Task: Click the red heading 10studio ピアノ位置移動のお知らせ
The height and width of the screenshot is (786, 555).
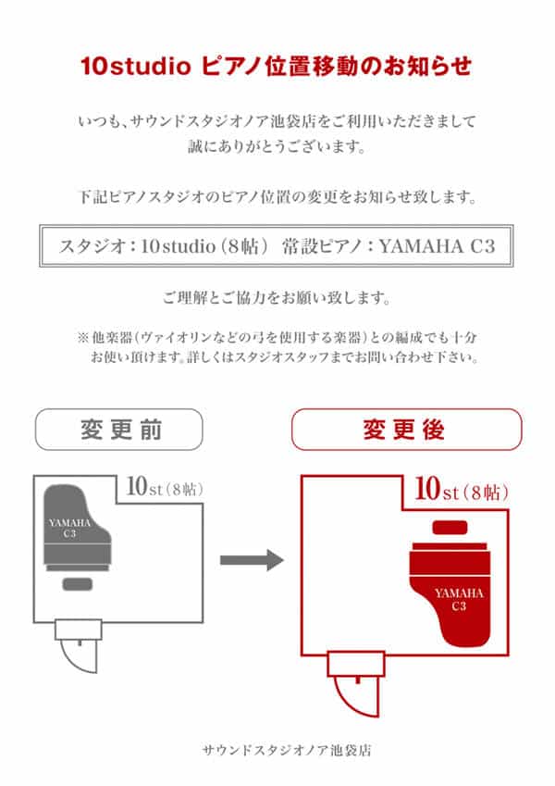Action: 276,66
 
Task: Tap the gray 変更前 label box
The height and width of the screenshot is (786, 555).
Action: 119,429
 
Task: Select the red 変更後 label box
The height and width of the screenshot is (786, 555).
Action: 407,429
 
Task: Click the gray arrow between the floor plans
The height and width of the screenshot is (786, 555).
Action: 252,560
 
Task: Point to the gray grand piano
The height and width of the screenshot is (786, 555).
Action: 77,528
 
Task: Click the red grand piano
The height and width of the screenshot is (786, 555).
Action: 450,594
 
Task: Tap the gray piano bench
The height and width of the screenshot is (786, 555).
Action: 78,584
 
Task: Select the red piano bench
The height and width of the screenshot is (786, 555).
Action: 450,528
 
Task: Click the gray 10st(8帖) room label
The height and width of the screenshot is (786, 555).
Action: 165,487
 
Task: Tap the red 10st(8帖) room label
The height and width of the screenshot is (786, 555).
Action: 462,489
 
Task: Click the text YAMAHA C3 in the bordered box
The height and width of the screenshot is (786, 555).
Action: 437,246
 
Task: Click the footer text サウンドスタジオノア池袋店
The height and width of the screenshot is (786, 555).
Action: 287,751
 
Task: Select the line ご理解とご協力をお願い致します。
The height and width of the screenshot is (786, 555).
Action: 277,298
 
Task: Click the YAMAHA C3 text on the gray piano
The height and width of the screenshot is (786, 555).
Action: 69,528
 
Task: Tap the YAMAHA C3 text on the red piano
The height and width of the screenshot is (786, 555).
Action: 459,600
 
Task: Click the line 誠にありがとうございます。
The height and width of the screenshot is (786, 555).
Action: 277,146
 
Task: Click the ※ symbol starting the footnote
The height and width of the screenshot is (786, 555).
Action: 83,337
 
